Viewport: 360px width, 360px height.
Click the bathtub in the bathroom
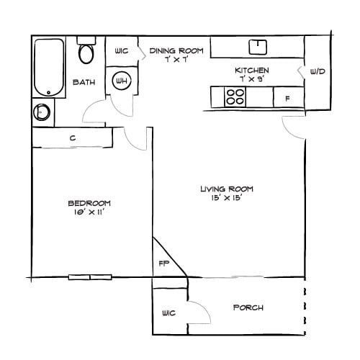[x=49, y=67]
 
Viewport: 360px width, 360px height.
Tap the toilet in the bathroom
[x=88, y=52]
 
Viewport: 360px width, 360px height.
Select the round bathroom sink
[x=42, y=112]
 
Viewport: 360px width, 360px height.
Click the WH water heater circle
[x=120, y=81]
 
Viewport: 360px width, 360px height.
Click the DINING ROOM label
[x=176, y=50]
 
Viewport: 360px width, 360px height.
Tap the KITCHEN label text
[x=252, y=70]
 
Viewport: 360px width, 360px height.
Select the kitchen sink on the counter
[x=258, y=47]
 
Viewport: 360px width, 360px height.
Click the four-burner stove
[x=235, y=96]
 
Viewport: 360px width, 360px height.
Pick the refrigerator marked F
[x=287, y=97]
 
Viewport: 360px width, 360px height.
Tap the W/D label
[x=317, y=72]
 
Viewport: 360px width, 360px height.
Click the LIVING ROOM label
[x=227, y=189]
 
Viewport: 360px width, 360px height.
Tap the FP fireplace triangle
[x=165, y=262]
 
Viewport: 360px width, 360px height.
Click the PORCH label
[x=248, y=307]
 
